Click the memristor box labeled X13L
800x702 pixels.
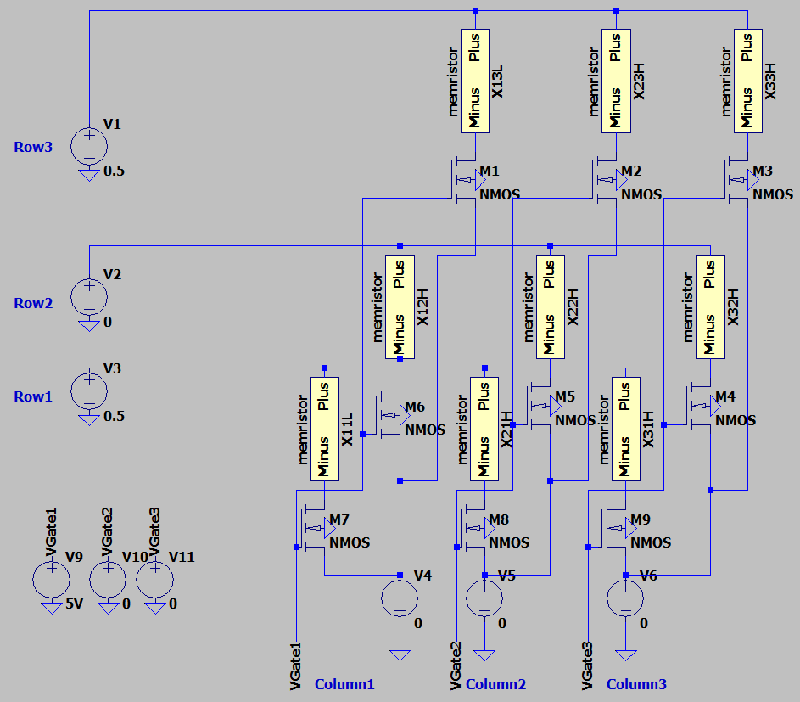tap(475, 81)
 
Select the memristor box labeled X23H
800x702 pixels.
tap(616, 81)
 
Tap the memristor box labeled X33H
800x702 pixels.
tap(747, 81)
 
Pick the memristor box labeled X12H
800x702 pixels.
tap(400, 306)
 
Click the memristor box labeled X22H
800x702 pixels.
tap(550, 306)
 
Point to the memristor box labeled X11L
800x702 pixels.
tap(325, 429)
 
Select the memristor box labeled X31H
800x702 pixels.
tap(625, 429)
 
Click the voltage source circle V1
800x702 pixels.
tap(88, 145)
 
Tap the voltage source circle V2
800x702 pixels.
tap(88, 295)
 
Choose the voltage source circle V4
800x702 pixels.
tap(400, 598)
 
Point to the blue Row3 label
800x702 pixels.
tap(33, 147)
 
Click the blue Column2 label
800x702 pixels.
tap(495, 684)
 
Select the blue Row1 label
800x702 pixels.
tap(33, 396)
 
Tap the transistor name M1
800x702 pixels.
tap(489, 171)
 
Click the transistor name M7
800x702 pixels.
tap(338, 519)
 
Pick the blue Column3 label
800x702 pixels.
tap(636, 684)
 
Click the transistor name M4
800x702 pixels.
tap(724, 397)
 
